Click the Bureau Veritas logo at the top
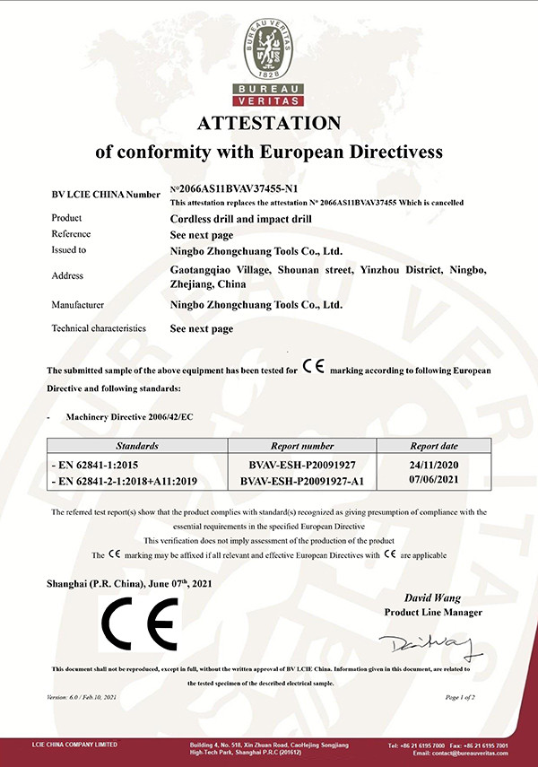tap(269, 53)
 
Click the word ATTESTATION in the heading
tap(269, 122)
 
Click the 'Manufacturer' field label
tap(79, 304)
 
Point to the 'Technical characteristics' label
tap(98, 328)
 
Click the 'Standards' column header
tap(137, 445)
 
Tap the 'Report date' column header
tap(434, 445)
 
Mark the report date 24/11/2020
tap(434, 466)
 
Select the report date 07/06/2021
tap(434, 481)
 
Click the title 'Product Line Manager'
tap(433, 612)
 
